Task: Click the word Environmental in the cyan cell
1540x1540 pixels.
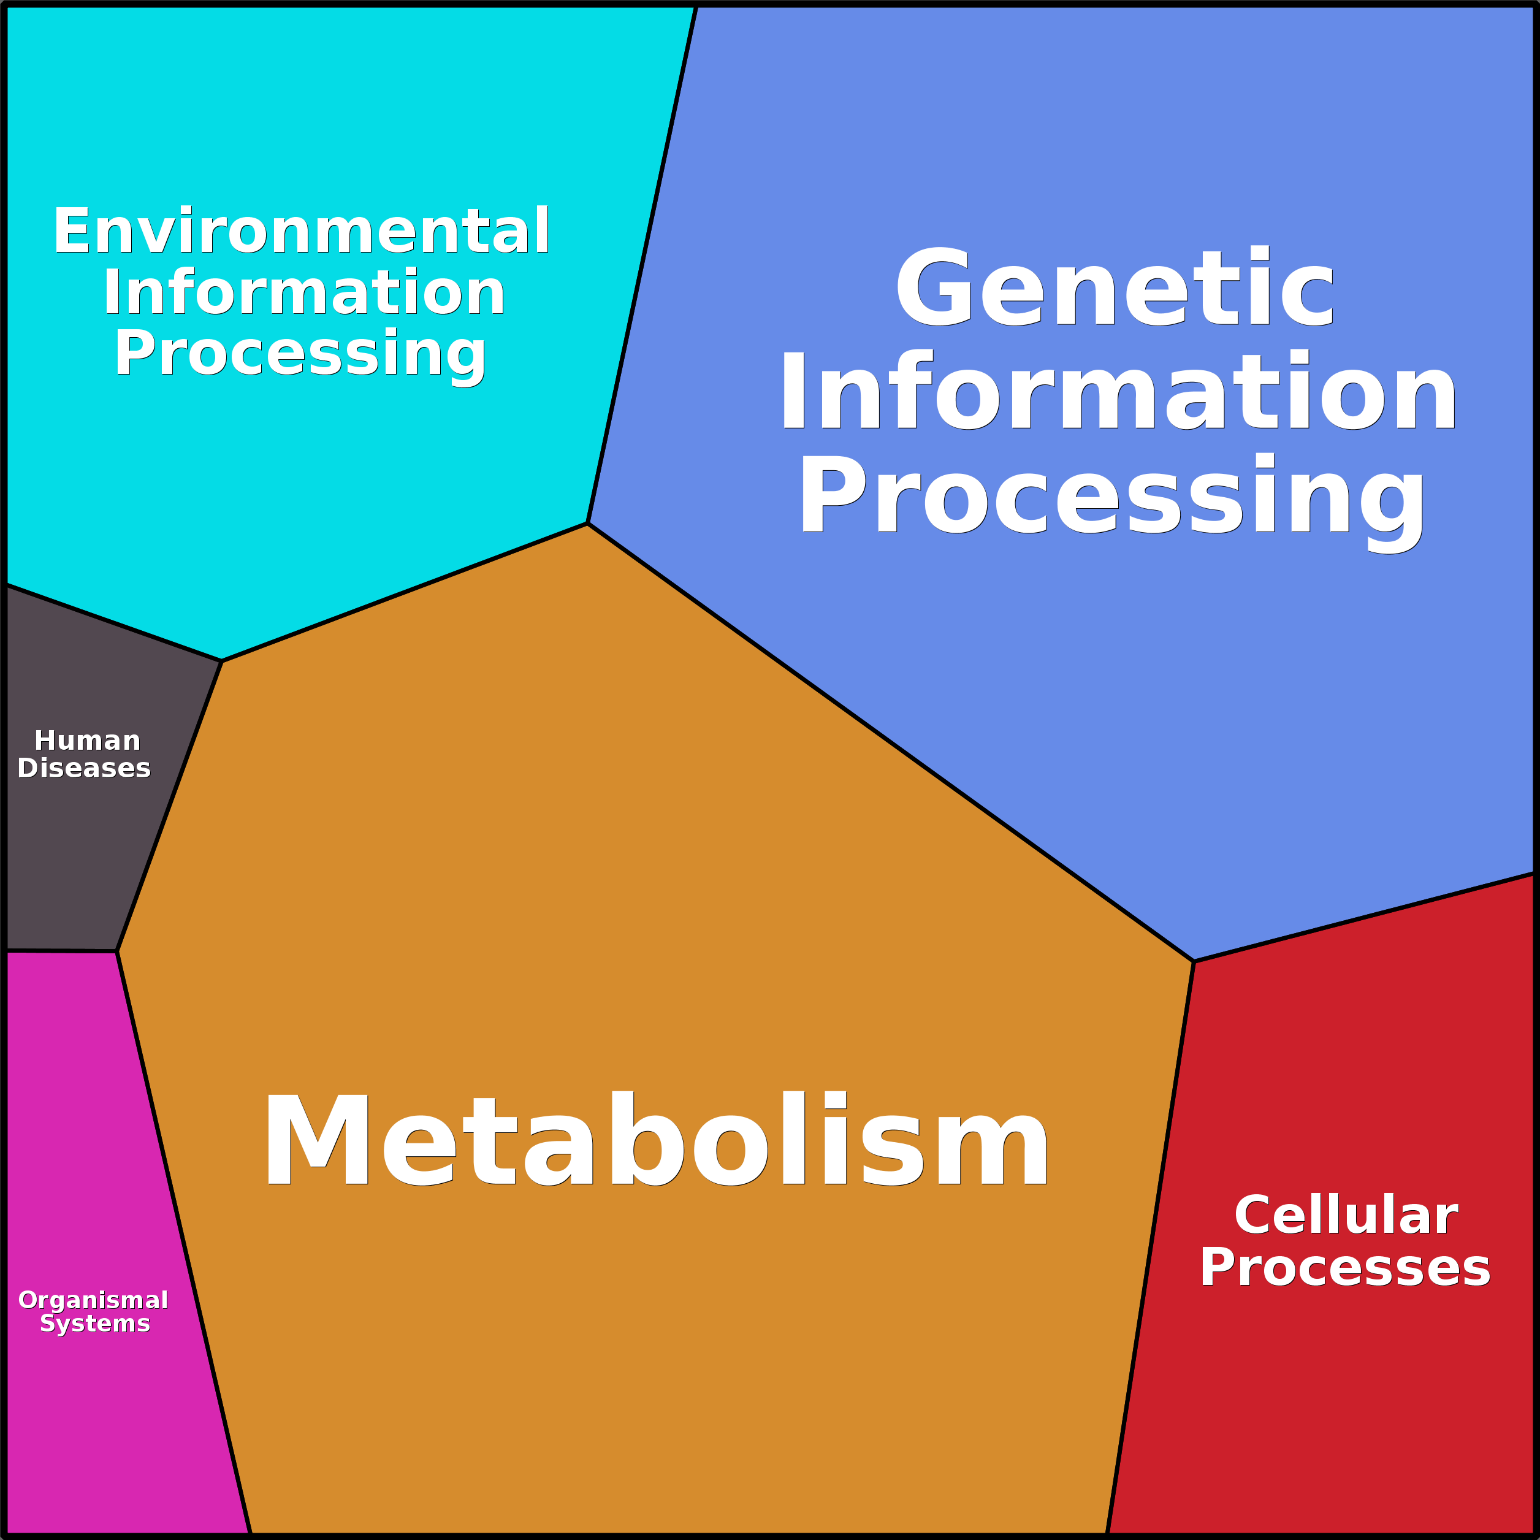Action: (x=301, y=231)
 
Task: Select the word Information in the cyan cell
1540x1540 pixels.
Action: (x=303, y=292)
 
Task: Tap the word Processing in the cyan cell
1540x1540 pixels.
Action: (x=300, y=353)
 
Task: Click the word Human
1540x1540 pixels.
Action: (x=88, y=741)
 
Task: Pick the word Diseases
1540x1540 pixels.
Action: (x=84, y=768)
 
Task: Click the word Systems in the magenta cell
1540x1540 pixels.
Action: (x=95, y=1323)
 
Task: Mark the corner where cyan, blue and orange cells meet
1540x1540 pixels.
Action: (x=587, y=524)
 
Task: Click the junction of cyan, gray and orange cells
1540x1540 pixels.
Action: (x=221, y=661)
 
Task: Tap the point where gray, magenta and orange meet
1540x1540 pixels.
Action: (x=117, y=951)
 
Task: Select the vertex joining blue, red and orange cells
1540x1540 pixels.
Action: (x=1193, y=961)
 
